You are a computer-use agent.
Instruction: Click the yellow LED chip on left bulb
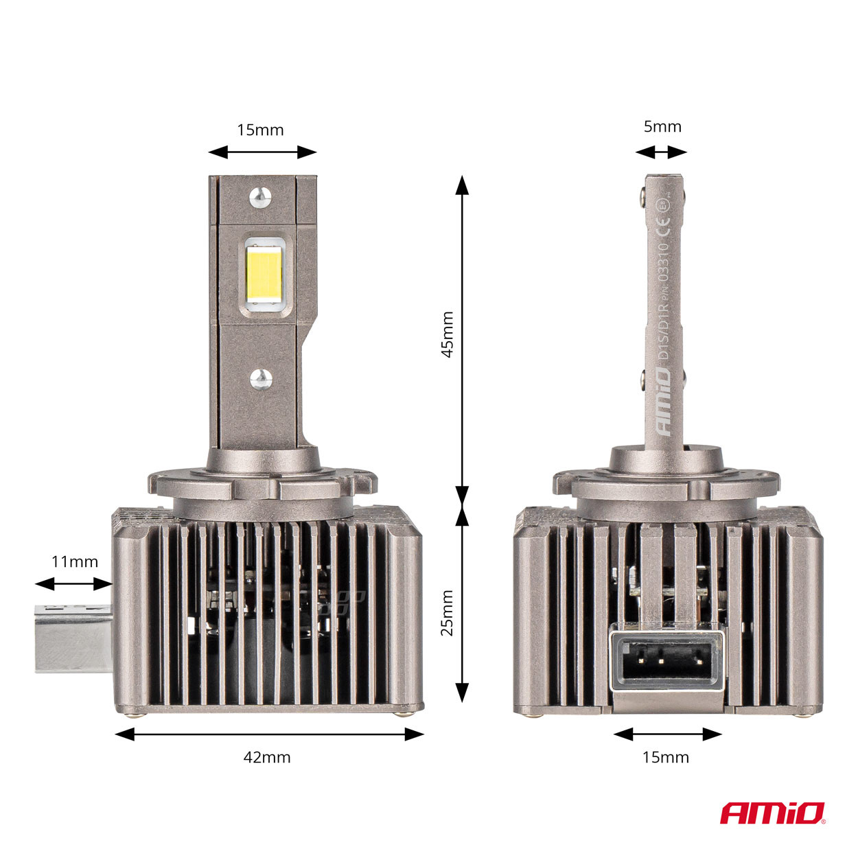265,275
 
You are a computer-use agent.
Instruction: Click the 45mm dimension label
447,334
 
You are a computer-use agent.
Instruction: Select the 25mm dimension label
447,612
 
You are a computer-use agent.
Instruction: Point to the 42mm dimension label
267,757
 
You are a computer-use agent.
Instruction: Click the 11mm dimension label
75,561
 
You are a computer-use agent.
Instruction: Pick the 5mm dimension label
662,126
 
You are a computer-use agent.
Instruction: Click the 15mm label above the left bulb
260,130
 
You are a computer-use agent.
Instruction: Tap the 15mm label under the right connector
666,757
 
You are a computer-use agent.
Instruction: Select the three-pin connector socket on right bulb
666,660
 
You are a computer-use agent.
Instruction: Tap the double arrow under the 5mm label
661,152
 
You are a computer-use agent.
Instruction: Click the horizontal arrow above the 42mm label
270,734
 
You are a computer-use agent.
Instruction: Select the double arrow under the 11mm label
73,583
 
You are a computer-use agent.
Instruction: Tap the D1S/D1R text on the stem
663,334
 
